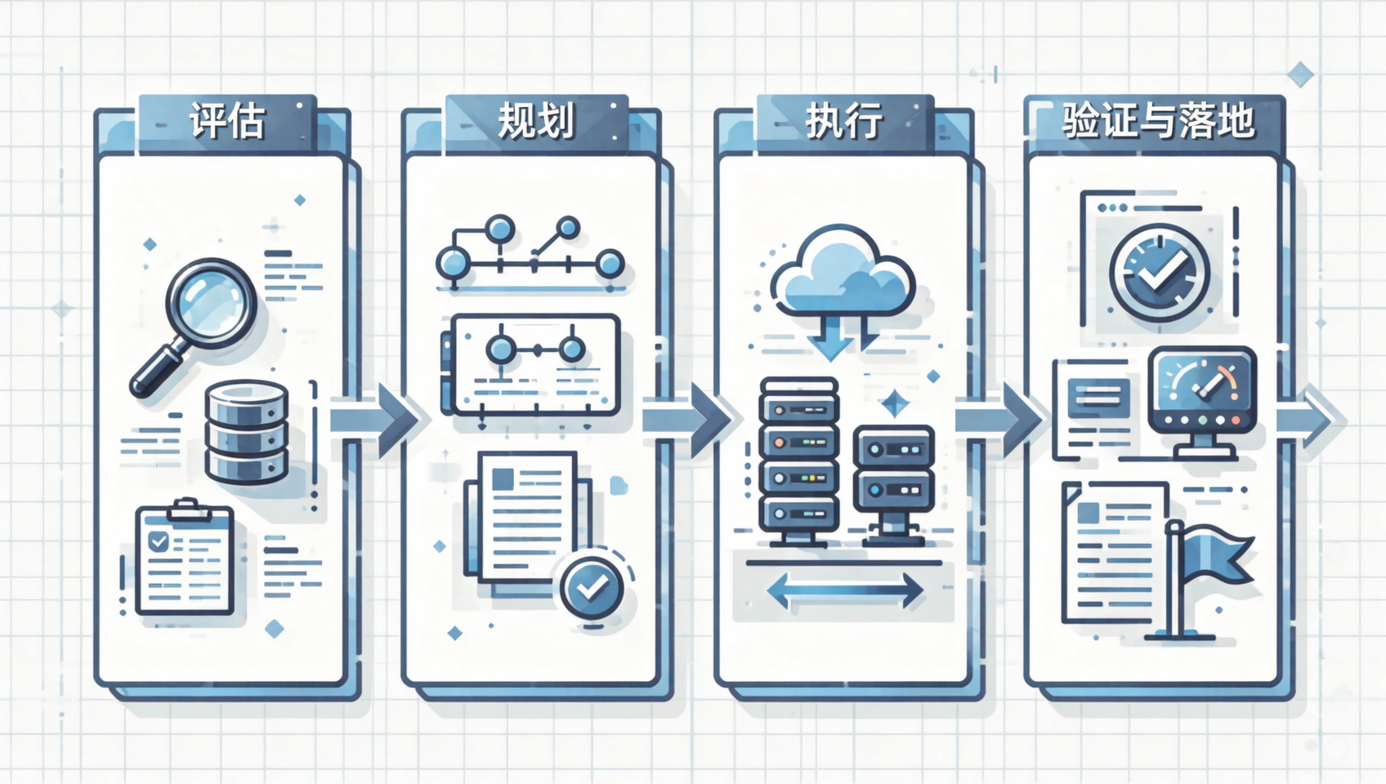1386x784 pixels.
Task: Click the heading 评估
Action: [227, 121]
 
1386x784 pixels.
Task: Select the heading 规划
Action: [536, 121]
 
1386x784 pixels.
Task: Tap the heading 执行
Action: [844, 121]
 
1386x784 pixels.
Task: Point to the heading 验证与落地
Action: [1158, 121]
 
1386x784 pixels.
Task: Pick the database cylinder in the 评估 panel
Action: [246, 431]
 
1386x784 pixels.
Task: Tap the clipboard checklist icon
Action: [185, 557]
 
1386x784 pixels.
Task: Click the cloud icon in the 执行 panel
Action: [842, 272]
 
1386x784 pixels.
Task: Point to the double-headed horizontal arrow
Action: [845, 590]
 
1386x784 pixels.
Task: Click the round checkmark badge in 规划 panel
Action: [592, 588]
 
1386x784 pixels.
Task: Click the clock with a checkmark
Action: [1159, 273]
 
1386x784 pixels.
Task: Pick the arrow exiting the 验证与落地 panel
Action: [1309, 421]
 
